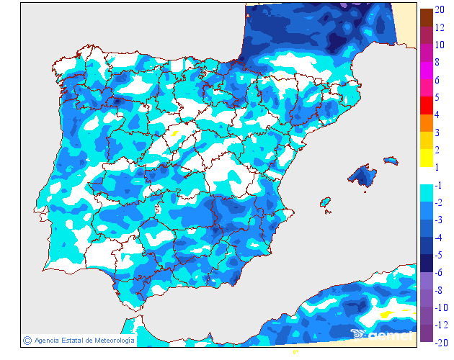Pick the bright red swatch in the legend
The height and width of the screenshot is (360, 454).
[427, 105]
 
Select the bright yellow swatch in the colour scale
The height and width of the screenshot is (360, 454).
[427, 158]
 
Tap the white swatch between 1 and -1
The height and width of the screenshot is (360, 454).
[427, 176]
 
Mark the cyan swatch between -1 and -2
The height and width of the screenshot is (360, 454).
[427, 193]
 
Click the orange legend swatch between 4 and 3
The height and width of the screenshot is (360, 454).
[427, 123]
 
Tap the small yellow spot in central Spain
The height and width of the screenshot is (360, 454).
[175, 133]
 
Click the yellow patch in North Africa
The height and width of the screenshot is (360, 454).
[386, 314]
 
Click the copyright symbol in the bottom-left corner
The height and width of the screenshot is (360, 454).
[27, 340]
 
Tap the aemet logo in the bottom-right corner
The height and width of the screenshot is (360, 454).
[382, 333]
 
